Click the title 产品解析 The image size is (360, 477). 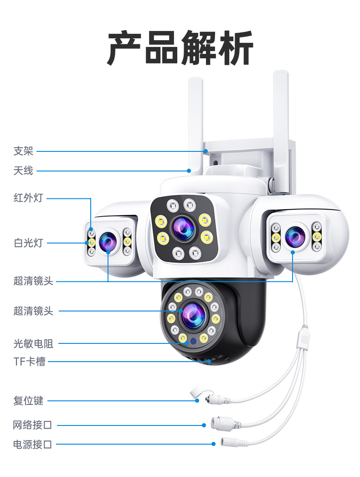coord(180,48)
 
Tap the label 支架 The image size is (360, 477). coord(23,151)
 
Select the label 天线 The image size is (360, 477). coord(23,171)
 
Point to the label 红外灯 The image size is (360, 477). coord(28,198)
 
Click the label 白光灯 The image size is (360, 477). coord(28,243)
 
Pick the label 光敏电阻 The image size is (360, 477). coord(33,344)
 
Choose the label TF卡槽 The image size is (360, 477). coord(30,362)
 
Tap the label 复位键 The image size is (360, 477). coord(28,401)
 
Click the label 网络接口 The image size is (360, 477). coord(32,425)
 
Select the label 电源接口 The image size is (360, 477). coord(32,444)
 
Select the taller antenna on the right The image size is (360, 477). coord(280,119)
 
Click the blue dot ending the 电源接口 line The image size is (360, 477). coord(213,444)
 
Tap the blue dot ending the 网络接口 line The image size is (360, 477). coord(204,425)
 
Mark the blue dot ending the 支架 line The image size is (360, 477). coord(206,151)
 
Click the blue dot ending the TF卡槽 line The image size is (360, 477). coord(210,362)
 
